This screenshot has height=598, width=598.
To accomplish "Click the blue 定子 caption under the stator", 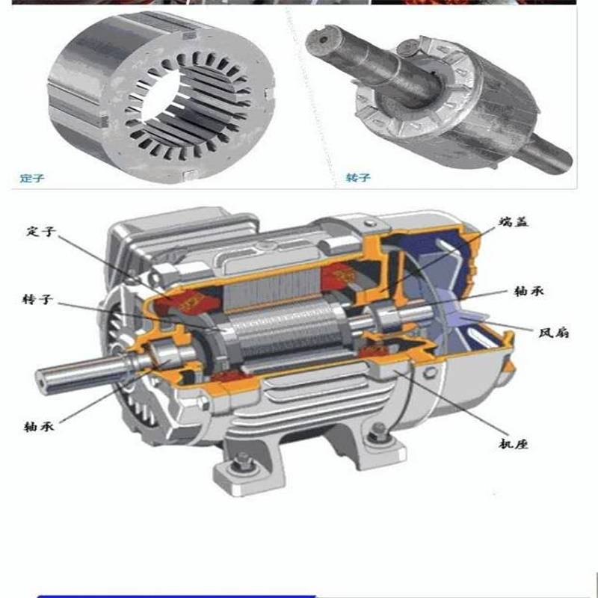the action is click(32, 178).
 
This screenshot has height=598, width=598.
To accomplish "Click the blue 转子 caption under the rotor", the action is click(358, 178).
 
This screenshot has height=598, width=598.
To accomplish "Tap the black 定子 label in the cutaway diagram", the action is click(41, 232).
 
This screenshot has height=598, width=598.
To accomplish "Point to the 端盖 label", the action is click(514, 221).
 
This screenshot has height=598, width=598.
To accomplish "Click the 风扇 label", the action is click(554, 333).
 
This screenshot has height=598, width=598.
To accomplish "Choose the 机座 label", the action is click(514, 444).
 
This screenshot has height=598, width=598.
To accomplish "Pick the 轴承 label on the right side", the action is click(528, 292).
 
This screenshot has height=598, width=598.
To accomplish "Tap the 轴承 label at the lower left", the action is click(39, 426).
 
